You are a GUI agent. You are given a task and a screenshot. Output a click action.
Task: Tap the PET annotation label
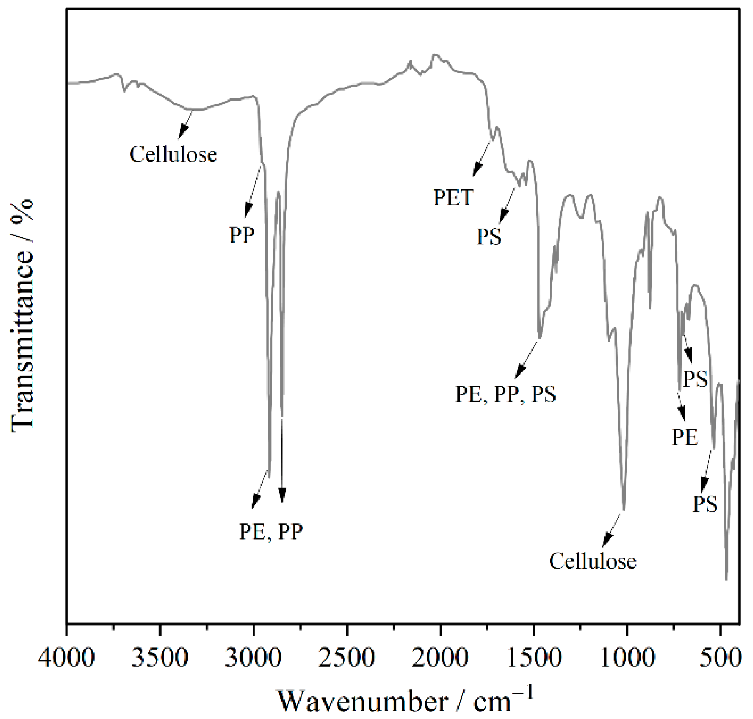(453, 197)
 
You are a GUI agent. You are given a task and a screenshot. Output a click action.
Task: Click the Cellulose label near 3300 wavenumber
(173, 155)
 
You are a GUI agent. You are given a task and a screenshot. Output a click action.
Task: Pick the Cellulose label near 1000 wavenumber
(592, 561)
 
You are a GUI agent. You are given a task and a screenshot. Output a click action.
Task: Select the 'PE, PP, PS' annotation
(505, 394)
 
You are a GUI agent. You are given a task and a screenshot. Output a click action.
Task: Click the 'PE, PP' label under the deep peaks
(271, 532)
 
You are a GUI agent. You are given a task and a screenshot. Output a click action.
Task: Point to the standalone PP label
(242, 235)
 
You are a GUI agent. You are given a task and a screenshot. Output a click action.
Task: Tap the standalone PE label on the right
(685, 437)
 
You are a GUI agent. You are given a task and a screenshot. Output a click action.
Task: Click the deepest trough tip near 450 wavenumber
(726, 578)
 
